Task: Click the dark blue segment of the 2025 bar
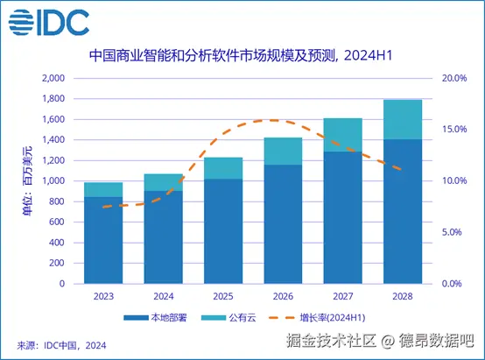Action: (224, 231)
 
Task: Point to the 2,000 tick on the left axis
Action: (53, 78)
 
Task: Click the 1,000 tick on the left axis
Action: (53, 181)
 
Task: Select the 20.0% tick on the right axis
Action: (453, 78)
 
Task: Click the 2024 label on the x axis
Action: (164, 296)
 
